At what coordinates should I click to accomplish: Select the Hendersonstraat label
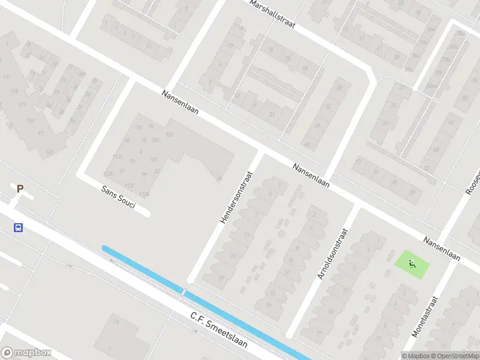tap(236, 197)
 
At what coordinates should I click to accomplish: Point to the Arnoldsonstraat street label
tap(332, 253)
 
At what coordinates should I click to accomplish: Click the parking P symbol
tap(20, 189)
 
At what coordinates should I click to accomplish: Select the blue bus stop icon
tap(19, 227)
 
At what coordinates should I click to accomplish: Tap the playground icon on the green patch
tap(412, 263)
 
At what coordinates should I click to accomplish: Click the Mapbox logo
tap(26, 353)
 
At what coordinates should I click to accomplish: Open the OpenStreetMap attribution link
tap(454, 355)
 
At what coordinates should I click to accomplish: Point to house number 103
tap(169, 134)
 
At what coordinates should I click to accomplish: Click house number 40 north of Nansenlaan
tap(307, 144)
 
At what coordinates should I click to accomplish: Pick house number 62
tap(451, 121)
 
